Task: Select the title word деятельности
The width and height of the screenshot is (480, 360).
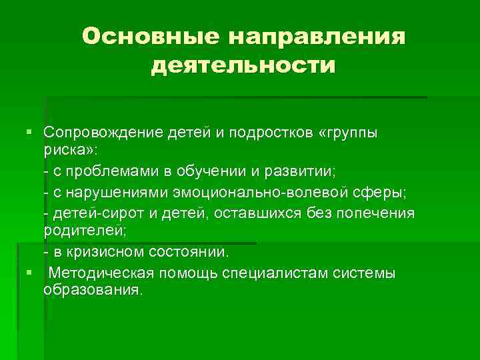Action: coord(243,66)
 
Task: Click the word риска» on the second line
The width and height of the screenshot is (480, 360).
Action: coord(69,152)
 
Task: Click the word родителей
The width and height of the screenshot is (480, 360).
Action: coord(83,233)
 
